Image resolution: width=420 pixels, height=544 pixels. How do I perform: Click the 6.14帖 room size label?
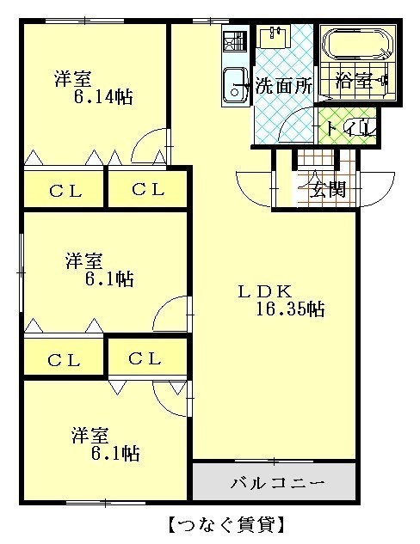103,97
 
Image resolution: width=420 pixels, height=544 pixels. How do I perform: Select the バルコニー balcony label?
278,483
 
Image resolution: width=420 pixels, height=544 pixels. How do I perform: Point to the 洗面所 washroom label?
284,86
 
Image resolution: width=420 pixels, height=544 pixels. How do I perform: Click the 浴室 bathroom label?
353,82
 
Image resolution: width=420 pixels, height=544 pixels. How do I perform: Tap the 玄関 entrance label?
328,189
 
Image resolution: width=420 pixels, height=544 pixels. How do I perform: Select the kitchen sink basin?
235,85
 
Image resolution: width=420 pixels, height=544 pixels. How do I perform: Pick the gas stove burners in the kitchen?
234,41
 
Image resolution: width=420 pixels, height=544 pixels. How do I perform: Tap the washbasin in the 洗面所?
275,37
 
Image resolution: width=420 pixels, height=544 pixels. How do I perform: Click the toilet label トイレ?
350,128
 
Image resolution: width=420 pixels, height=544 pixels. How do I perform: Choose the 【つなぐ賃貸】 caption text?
227,524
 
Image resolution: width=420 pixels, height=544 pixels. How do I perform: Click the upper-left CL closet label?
65,191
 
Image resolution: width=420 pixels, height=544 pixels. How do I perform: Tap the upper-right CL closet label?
148,189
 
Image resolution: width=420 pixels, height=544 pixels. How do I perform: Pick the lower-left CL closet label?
64,360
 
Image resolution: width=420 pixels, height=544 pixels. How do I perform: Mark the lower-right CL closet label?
145,358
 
